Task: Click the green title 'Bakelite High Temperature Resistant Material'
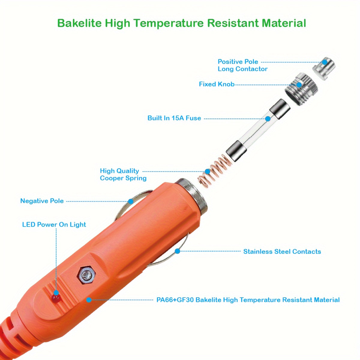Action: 181,23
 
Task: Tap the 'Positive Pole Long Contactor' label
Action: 242,65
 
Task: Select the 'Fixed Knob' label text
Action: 217,84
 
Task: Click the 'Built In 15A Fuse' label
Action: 174,118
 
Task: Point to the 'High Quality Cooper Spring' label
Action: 123,174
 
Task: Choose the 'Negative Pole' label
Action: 42,201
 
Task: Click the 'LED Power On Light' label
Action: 54,224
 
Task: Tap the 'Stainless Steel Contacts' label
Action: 282,251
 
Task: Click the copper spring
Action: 215,169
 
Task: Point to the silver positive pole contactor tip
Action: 324,68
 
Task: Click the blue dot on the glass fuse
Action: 268,118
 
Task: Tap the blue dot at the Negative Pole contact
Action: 131,201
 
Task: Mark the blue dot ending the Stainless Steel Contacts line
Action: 177,251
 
